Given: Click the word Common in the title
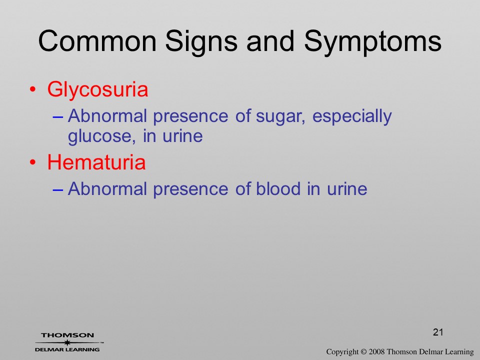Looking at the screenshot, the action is tap(97, 41).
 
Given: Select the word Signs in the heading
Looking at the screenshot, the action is tap(201, 43).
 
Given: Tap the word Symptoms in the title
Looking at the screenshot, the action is tap(372, 43).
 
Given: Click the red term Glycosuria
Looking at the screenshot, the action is tap(97, 90).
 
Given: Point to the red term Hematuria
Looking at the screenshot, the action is tap(96, 162).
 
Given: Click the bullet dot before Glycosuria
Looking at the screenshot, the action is tap(33, 90).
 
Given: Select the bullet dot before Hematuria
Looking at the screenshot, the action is tap(33, 162).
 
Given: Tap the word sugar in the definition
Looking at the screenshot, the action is tap(280, 117).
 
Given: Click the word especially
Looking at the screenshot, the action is tap(351, 117).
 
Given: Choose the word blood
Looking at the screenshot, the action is tap(278, 188).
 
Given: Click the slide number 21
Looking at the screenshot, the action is tap(438, 332).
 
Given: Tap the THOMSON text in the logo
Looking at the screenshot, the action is tap(67, 335).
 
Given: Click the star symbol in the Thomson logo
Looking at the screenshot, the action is tap(67, 342).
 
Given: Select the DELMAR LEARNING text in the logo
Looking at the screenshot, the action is tap(67, 349).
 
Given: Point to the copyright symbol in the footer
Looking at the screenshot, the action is tap(363, 352).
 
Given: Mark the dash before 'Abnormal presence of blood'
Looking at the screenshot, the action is tap(58, 189).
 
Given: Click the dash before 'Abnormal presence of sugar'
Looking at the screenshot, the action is tap(58, 117).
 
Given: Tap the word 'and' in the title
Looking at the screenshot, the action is tap(270, 41).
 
